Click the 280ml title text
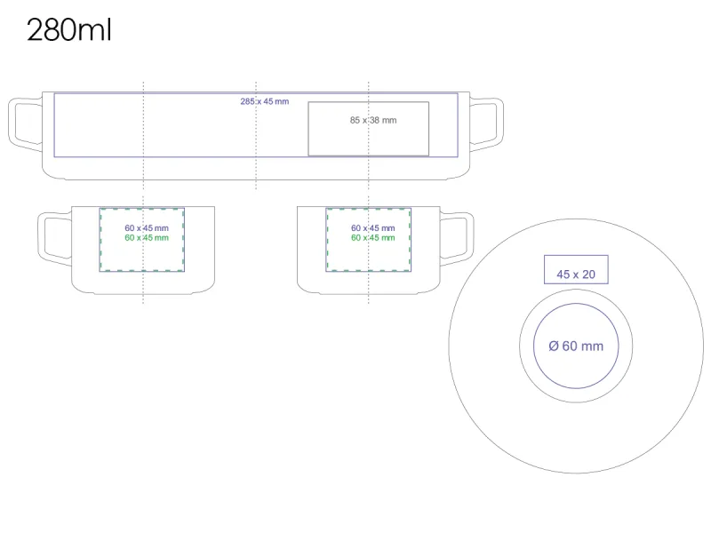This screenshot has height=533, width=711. (68, 31)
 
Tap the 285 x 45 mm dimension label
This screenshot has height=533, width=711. (264, 101)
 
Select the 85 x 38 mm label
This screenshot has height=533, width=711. (373, 120)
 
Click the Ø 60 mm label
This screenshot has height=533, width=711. (575, 346)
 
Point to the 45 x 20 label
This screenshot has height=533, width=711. (576, 274)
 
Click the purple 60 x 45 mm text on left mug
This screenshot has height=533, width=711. (147, 228)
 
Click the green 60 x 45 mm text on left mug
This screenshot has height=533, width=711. (147, 237)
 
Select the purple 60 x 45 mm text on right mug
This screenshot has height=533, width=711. (372, 228)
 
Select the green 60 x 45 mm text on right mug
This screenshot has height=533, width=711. (372, 237)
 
